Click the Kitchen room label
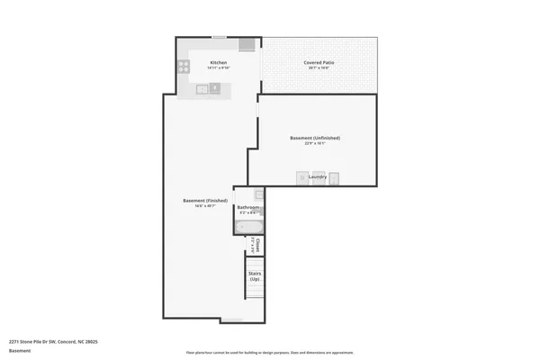[219, 62]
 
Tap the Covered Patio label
[319, 62]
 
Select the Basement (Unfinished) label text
[315, 138]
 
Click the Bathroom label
[248, 208]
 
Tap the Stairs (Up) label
[255, 277]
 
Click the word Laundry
[317, 177]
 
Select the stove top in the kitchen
[184, 66]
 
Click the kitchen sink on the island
[203, 88]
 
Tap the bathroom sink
[257, 194]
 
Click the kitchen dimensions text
[219, 67]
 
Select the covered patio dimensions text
[319, 67]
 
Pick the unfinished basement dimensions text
[315, 143]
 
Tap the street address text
[53, 342]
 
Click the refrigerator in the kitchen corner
[247, 45]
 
